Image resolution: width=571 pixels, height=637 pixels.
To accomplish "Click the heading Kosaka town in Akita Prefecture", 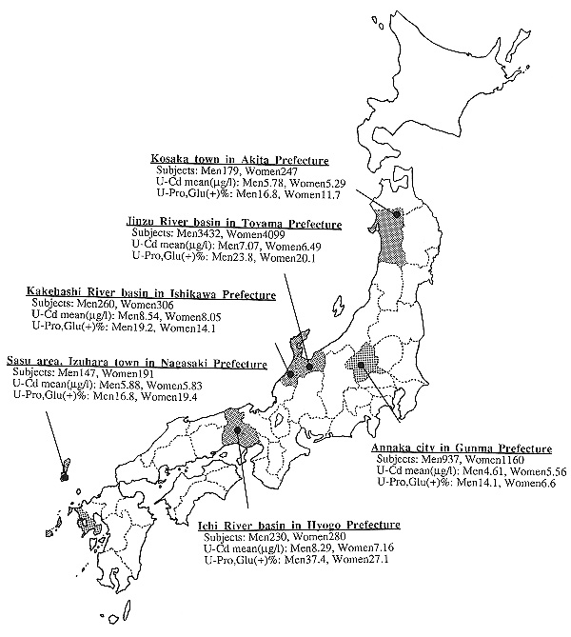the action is (x=240, y=159).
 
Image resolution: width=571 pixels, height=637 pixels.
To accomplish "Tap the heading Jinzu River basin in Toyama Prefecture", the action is (x=233, y=223).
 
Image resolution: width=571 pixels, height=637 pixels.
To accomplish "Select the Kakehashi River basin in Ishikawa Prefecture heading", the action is (x=151, y=293).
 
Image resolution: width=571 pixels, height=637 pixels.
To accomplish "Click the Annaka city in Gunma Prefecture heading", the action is (x=462, y=448).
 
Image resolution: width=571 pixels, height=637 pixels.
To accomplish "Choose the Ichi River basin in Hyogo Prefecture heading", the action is (x=300, y=525).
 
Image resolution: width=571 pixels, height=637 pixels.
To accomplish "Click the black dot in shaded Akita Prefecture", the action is (x=397, y=213).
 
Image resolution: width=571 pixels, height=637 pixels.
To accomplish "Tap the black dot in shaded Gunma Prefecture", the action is (x=361, y=365).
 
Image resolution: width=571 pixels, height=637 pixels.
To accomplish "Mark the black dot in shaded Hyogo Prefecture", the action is (x=237, y=429).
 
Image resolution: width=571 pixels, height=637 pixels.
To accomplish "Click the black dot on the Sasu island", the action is (x=64, y=478).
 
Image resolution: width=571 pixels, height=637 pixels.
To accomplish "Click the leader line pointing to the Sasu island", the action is (x=55, y=443).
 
